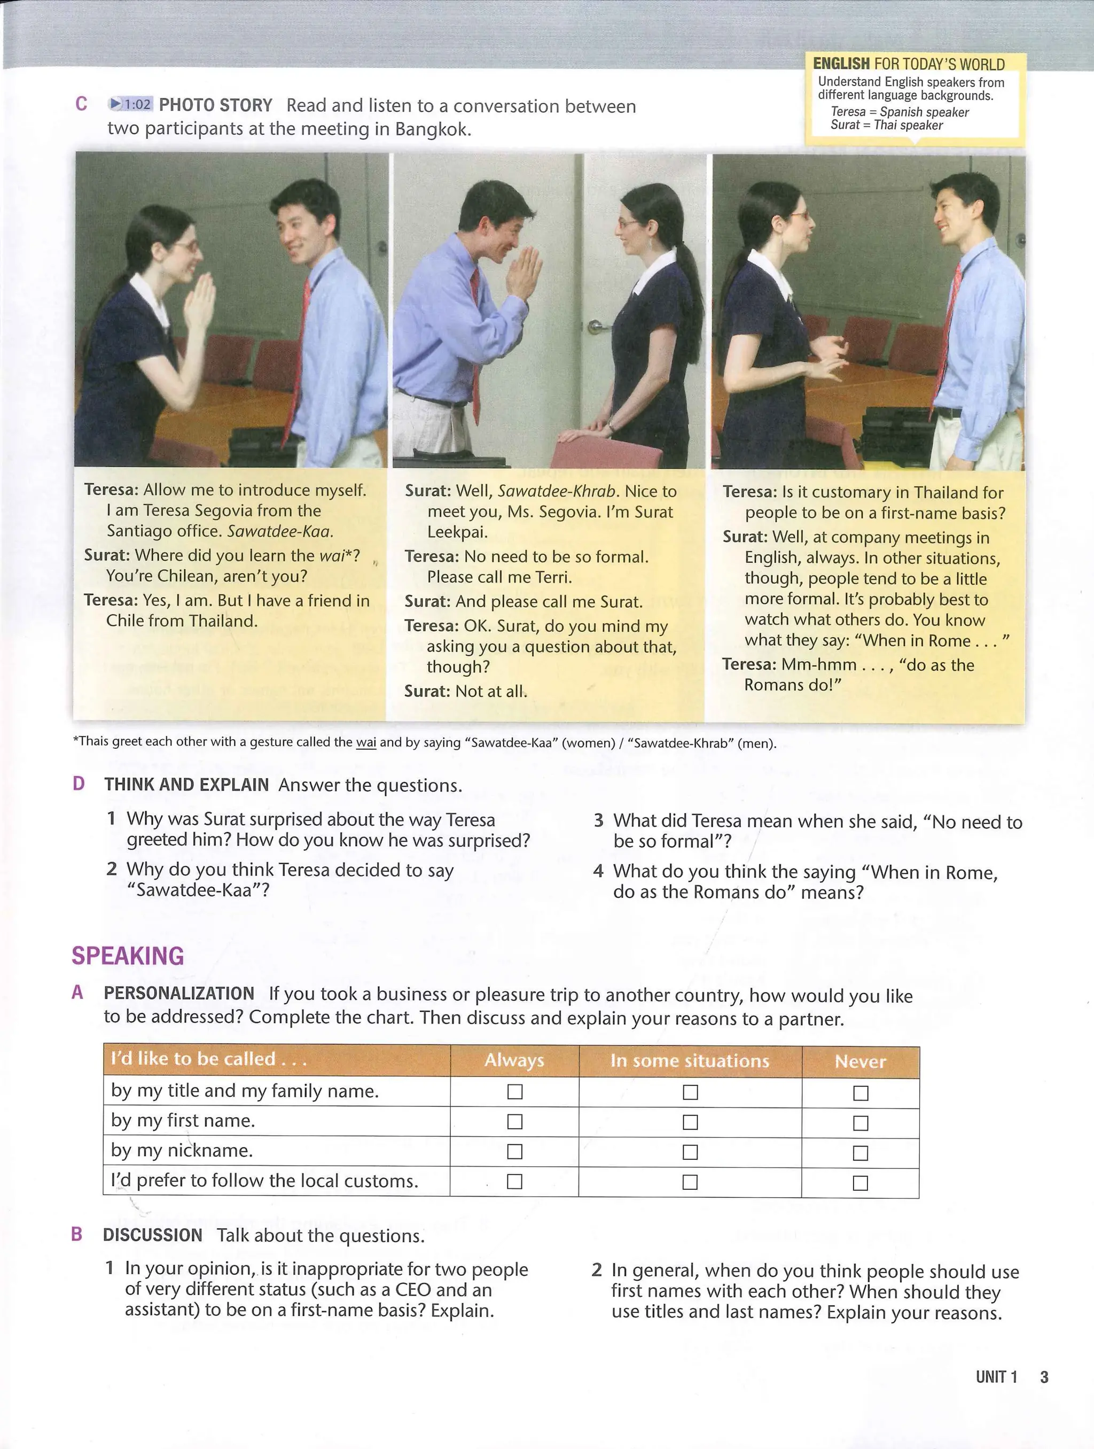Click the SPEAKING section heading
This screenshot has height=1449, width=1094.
point(128,956)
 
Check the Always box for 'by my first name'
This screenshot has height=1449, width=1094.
point(514,1121)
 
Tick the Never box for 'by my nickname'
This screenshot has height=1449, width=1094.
point(860,1152)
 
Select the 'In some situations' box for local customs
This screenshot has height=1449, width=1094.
point(690,1182)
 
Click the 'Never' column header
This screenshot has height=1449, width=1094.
point(860,1061)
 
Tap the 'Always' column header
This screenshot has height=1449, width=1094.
point(514,1060)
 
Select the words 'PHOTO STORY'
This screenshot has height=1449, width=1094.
point(215,105)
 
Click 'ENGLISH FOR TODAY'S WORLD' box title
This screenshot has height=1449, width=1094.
point(908,64)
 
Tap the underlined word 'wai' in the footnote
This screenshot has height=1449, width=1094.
point(365,742)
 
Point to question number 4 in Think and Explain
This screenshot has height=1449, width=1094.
point(598,871)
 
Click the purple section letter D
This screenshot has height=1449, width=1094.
point(79,784)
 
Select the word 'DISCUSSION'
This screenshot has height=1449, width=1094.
point(153,1235)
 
